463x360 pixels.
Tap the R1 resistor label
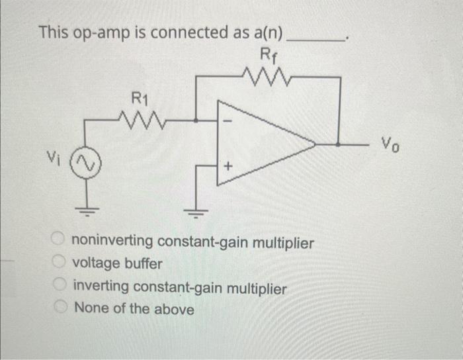click(138, 100)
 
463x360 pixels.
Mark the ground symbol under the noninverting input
click(196, 212)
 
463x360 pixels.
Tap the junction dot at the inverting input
click(196, 120)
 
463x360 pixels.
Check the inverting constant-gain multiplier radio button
click(60, 287)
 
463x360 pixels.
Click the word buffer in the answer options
click(142, 263)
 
